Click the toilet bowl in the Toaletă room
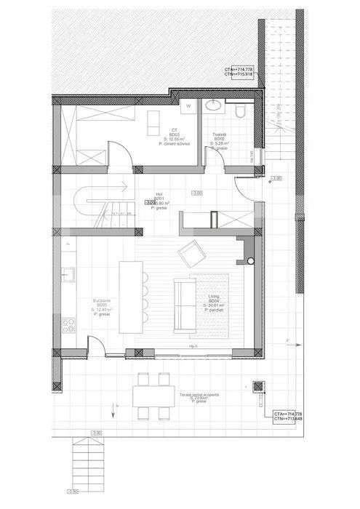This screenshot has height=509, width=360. (240, 111)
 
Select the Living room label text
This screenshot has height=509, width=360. (214, 300)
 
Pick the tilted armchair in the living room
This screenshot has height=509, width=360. (192, 254)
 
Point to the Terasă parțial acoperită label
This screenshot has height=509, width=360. (199, 396)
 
